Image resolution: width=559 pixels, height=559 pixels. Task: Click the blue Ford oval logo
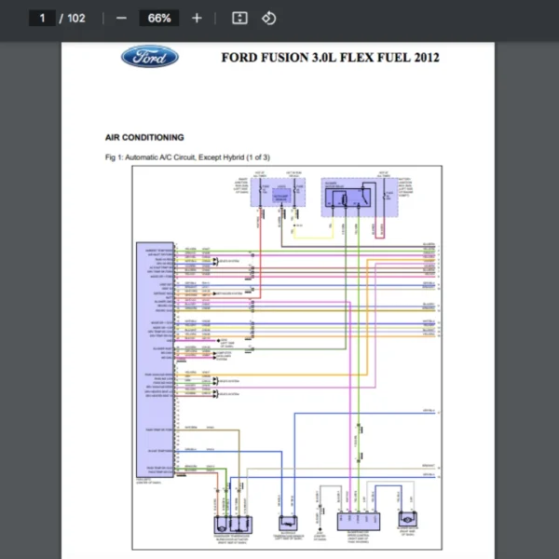[149, 58]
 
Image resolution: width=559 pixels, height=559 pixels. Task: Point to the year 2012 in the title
[425, 58]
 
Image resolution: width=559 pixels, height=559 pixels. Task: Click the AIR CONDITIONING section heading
[144, 137]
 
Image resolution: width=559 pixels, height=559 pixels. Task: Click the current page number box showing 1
[42, 18]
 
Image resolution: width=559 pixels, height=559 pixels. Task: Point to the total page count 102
[75, 18]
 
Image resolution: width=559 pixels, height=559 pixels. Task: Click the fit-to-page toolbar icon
[239, 18]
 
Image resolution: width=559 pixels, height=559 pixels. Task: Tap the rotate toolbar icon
[269, 18]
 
